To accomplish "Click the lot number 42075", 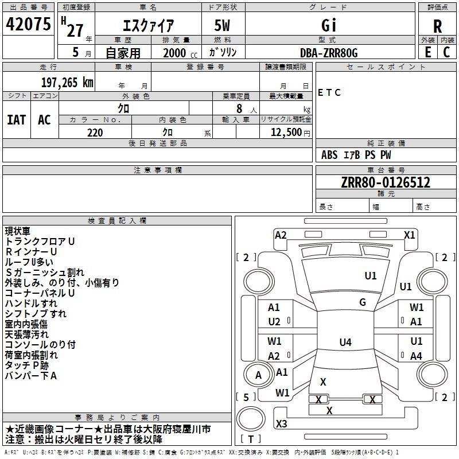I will (28, 25).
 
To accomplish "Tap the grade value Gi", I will (328, 26).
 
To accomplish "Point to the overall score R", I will (437, 26).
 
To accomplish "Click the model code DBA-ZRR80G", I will (329, 52).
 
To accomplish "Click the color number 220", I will (95, 133).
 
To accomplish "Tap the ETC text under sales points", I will (329, 92).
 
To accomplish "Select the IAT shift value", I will (16, 120).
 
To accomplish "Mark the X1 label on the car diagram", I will (409, 235).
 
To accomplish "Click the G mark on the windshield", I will (362, 302).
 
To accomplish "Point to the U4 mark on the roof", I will (345, 343).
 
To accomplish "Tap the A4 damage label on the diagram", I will (416, 356).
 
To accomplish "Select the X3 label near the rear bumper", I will (282, 424).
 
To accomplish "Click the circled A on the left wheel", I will (259, 375).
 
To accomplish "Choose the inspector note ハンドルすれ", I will (31, 303).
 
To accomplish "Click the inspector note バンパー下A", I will (31, 376).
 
